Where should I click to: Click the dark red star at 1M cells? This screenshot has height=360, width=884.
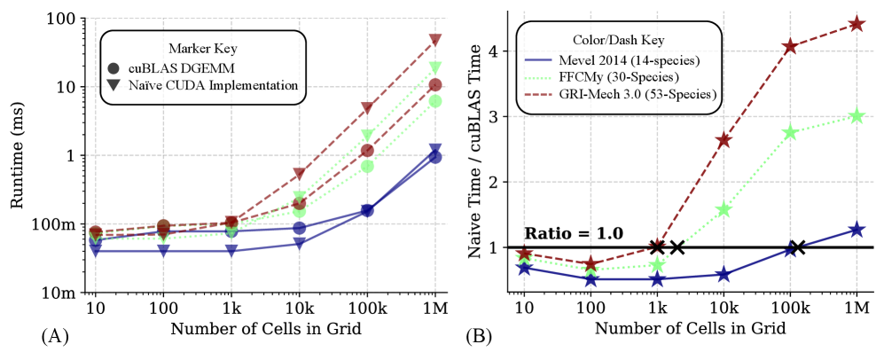pyautogui.click(x=857, y=24)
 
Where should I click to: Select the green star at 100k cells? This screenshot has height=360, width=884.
pyautogui.click(x=790, y=132)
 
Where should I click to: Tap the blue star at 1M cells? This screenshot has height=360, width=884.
pyautogui.click(x=857, y=230)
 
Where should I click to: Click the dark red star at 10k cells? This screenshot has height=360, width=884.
pyautogui.click(x=724, y=140)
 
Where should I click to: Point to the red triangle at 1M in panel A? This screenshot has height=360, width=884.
pyautogui.click(x=435, y=40)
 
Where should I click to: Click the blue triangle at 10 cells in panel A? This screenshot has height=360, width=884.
pyautogui.click(x=95, y=251)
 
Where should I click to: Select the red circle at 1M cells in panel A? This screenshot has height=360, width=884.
pyautogui.click(x=435, y=85)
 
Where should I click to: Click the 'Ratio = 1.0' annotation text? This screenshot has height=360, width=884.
pyautogui.click(x=574, y=233)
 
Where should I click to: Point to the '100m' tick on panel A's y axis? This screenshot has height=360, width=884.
pyautogui.click(x=61, y=224)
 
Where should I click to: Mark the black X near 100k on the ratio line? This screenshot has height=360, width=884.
pyautogui.click(x=797, y=247)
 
